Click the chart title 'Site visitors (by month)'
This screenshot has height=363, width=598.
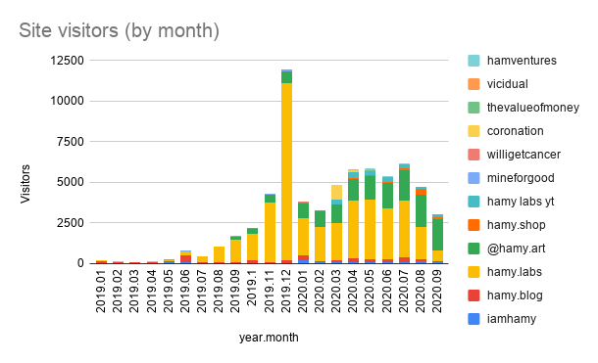point(120,31)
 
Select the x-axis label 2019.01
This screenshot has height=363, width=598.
point(102,293)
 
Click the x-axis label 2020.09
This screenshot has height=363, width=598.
point(437,293)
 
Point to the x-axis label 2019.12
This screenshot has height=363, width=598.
point(286,293)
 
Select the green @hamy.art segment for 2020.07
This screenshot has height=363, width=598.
point(403,186)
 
